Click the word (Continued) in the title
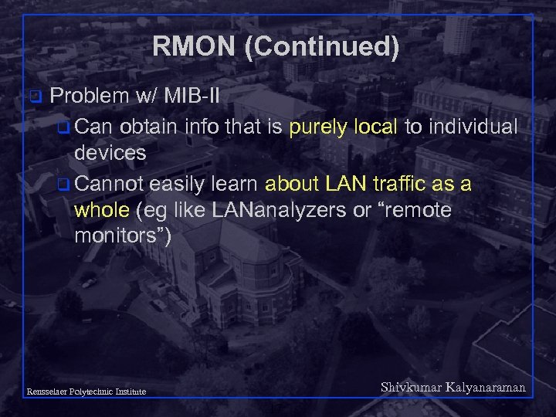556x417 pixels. pyautogui.click(x=321, y=48)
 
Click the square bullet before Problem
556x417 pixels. pyautogui.click(x=34, y=97)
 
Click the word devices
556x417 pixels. pyautogui.click(x=110, y=153)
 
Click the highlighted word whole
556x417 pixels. pyautogui.click(x=103, y=210)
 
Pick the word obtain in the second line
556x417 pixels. pyautogui.click(x=150, y=126)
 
